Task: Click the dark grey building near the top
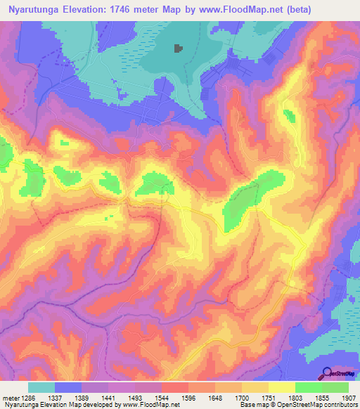click(x=179, y=48)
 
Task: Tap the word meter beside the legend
click(x=9, y=398)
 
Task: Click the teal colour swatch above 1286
click(x=41, y=387)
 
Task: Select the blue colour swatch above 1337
click(x=68, y=387)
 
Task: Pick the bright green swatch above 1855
click(x=309, y=387)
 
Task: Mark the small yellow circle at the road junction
click(x=291, y=283)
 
